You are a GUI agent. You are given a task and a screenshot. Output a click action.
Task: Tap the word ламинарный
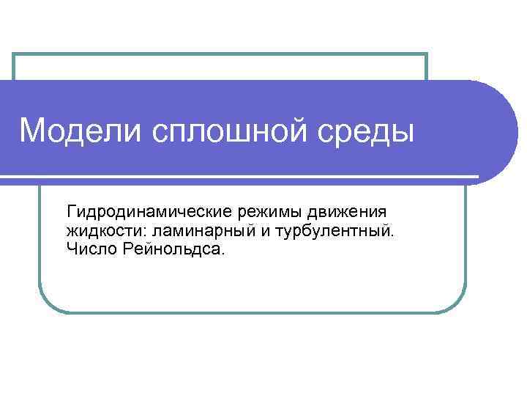[x=188, y=232]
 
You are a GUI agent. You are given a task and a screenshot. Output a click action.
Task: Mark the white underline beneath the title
[x=242, y=177]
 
